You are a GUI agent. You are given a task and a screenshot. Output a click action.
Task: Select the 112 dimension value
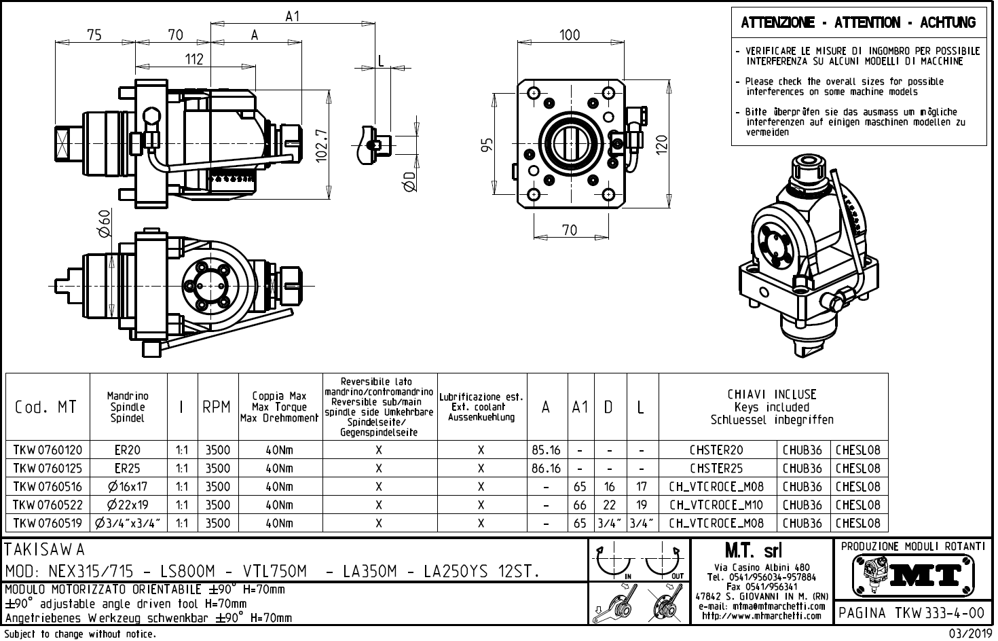click(194, 60)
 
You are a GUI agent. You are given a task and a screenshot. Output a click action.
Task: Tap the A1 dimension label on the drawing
click(292, 17)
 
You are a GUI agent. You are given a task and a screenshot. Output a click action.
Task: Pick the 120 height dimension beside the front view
click(662, 143)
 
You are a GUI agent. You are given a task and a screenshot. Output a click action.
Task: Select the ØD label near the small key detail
click(409, 181)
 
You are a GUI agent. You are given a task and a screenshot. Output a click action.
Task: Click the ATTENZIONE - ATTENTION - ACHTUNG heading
click(858, 23)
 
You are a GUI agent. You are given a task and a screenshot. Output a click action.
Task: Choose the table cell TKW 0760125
click(48, 469)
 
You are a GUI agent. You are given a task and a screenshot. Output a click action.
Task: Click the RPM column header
click(217, 407)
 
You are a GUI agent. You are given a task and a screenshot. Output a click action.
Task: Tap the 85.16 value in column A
click(546, 450)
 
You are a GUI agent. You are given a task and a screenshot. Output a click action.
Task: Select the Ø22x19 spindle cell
click(128, 505)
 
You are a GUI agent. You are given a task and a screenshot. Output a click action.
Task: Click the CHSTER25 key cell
click(716, 469)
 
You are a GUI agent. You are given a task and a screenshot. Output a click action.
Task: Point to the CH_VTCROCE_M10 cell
click(716, 505)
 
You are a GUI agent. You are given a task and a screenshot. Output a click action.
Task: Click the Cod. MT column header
click(45, 407)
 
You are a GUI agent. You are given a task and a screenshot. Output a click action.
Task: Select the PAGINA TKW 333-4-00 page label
click(911, 613)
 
